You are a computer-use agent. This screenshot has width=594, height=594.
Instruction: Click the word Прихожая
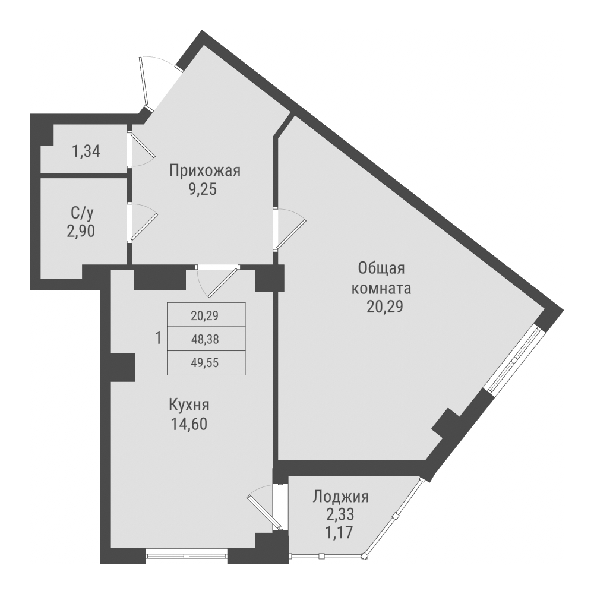coord(204,172)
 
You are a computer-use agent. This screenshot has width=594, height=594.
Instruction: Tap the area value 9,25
coord(204,191)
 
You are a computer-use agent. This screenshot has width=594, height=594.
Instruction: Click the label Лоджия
coord(341,497)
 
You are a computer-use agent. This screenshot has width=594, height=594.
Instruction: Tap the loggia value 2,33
coord(341,514)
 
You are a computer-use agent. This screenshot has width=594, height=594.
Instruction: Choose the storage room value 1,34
coord(86,151)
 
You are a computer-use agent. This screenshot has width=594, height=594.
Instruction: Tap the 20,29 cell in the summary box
coord(205,316)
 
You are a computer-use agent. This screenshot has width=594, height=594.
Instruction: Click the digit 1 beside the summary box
coord(157,339)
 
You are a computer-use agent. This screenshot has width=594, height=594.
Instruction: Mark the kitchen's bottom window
coord(187,557)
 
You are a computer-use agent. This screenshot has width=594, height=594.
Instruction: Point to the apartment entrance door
coord(145,83)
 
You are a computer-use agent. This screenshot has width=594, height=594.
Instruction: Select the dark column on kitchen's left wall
coord(122,367)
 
